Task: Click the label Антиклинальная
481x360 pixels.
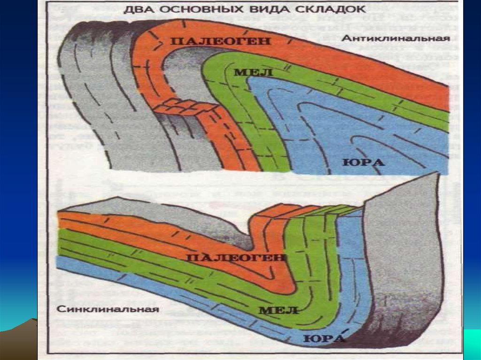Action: coord(396,38)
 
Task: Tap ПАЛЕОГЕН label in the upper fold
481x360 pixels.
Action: coord(220,41)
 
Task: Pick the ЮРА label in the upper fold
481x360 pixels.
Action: coord(363,162)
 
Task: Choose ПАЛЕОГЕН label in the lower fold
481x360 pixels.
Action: coord(236,258)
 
